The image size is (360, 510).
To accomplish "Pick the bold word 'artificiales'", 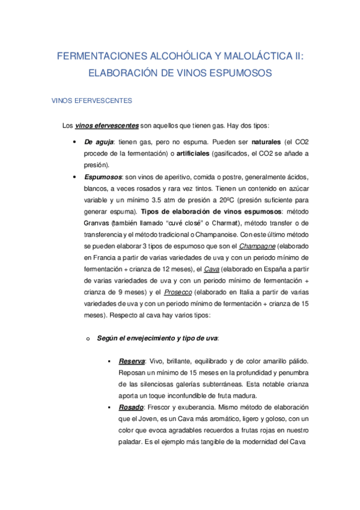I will [188, 153].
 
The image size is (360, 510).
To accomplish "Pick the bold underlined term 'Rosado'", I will [131, 407].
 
